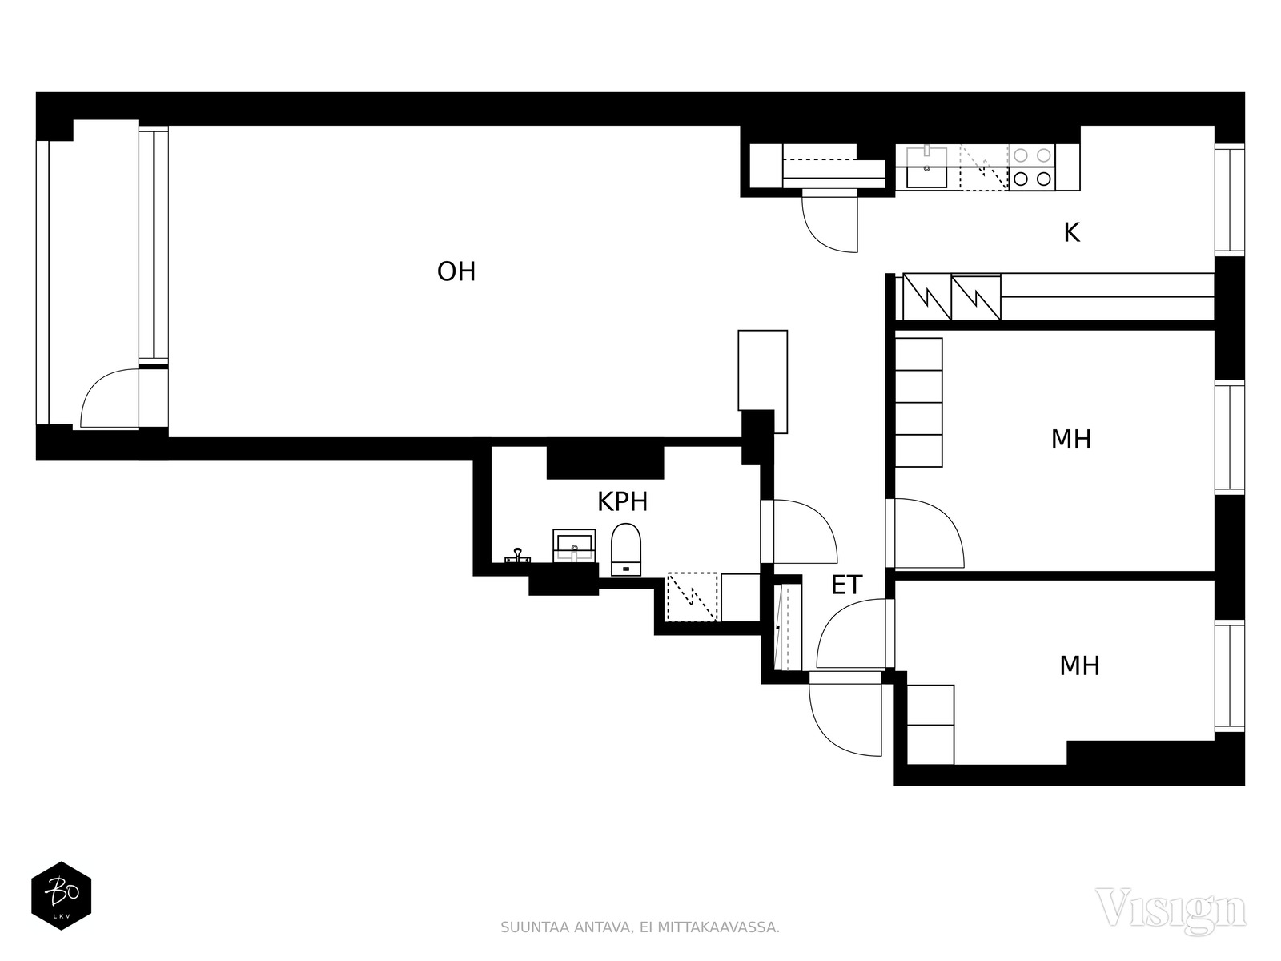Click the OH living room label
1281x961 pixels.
coord(456,272)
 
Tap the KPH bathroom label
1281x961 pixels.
coord(622,502)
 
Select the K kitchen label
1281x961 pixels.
coord(1071,233)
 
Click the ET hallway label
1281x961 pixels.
coord(846,585)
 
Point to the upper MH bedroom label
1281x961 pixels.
coord(1071,440)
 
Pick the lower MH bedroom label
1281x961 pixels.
coord(1079,665)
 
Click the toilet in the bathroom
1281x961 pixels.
coord(625,549)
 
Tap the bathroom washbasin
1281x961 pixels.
coord(574,545)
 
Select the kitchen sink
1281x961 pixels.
coord(926,167)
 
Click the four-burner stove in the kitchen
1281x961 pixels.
coord(1031,167)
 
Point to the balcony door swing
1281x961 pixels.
coord(108,398)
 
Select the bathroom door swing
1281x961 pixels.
coord(803,532)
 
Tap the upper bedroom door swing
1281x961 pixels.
coord(927,533)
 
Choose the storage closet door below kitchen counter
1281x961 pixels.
coord(829,222)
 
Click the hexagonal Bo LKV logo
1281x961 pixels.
coord(61,896)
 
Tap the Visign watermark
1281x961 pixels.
coord(1170,908)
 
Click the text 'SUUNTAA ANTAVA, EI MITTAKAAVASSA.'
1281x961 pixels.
coord(640,927)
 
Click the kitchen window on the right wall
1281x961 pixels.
coord(1229,200)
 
